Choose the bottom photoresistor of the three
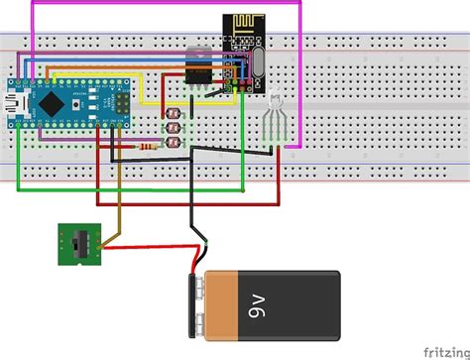[175, 140]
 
